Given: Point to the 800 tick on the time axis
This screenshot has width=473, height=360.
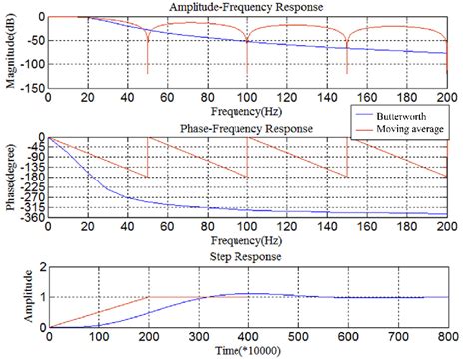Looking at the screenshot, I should pyautogui.click(x=446, y=337).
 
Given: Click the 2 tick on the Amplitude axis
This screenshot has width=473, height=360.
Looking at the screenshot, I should pyautogui.click(x=41, y=268).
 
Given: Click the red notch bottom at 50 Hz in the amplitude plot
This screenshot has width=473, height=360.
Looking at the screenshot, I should pyautogui.click(x=147, y=73).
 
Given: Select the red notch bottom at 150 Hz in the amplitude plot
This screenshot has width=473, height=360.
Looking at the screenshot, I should pyautogui.click(x=346, y=73).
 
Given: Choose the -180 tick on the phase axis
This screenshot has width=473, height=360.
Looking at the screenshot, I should pyautogui.click(x=33, y=177).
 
